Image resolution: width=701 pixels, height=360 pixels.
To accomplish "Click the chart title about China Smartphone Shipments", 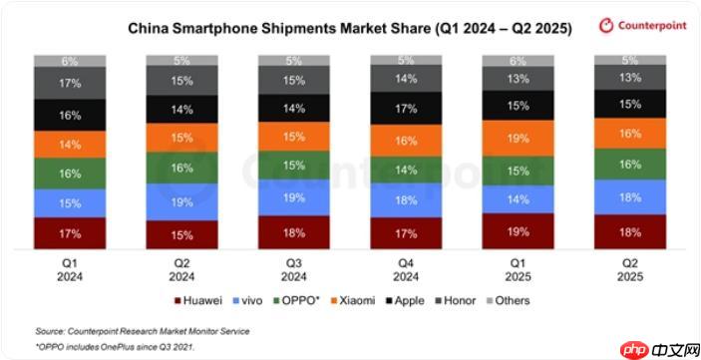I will (x=349, y=29).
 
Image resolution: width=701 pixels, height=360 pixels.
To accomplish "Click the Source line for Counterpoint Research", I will (x=143, y=330).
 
